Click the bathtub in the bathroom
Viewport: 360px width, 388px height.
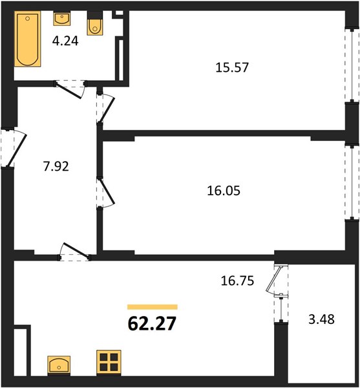(x=27, y=39)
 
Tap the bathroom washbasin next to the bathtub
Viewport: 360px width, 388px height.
(x=61, y=19)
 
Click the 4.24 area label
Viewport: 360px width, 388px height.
(x=65, y=41)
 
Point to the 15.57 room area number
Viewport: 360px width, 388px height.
(x=232, y=67)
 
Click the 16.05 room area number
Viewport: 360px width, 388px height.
(x=224, y=191)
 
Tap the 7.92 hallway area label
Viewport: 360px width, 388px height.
(x=56, y=166)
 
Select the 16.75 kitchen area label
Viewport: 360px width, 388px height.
(x=237, y=281)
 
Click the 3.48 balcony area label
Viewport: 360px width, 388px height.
(x=321, y=319)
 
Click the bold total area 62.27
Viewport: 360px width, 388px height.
(x=152, y=324)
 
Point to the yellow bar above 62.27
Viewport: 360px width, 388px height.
(x=153, y=307)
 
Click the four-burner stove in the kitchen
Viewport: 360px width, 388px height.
(x=109, y=361)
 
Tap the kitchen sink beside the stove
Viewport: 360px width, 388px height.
(x=59, y=365)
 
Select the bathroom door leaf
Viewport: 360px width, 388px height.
(x=69, y=91)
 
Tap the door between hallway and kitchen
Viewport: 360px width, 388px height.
(x=76, y=251)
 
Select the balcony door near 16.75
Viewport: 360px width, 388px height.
(x=273, y=279)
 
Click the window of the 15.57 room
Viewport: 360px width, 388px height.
(x=352, y=65)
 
